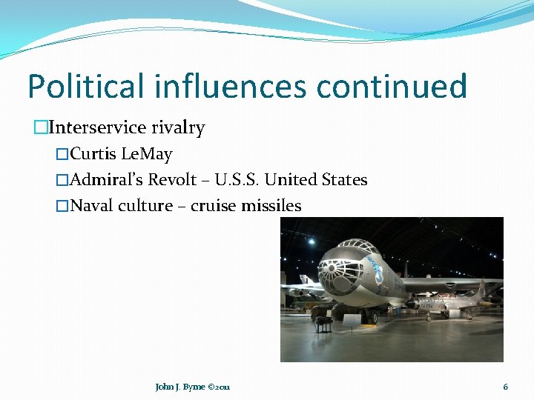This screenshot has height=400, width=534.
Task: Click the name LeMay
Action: (147, 155)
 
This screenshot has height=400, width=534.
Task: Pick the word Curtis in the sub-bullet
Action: (94, 155)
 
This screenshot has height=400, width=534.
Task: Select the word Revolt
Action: (172, 180)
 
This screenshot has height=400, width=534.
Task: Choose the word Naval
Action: (90, 205)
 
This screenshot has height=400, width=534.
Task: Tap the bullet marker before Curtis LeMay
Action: (62, 155)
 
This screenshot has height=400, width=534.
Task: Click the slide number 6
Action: (505, 387)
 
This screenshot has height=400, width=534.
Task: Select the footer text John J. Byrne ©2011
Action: (192, 387)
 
